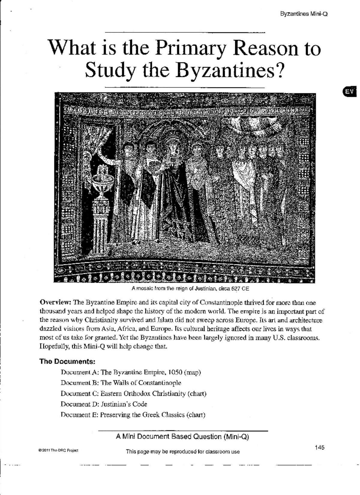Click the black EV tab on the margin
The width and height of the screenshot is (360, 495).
(x=349, y=92)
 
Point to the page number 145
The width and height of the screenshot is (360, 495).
(x=319, y=448)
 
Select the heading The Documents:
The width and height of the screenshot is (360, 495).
(x=67, y=361)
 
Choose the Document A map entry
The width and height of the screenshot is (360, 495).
(x=130, y=372)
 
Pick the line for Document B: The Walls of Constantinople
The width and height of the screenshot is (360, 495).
(x=121, y=383)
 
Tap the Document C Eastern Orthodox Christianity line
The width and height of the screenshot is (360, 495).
(x=133, y=393)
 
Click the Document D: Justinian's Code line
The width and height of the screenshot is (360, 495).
(x=104, y=404)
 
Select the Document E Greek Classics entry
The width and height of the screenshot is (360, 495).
(x=133, y=415)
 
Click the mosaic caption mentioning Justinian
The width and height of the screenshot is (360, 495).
(x=190, y=289)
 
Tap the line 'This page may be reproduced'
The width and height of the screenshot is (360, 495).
(x=183, y=451)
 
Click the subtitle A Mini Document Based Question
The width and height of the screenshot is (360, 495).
(x=182, y=436)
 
